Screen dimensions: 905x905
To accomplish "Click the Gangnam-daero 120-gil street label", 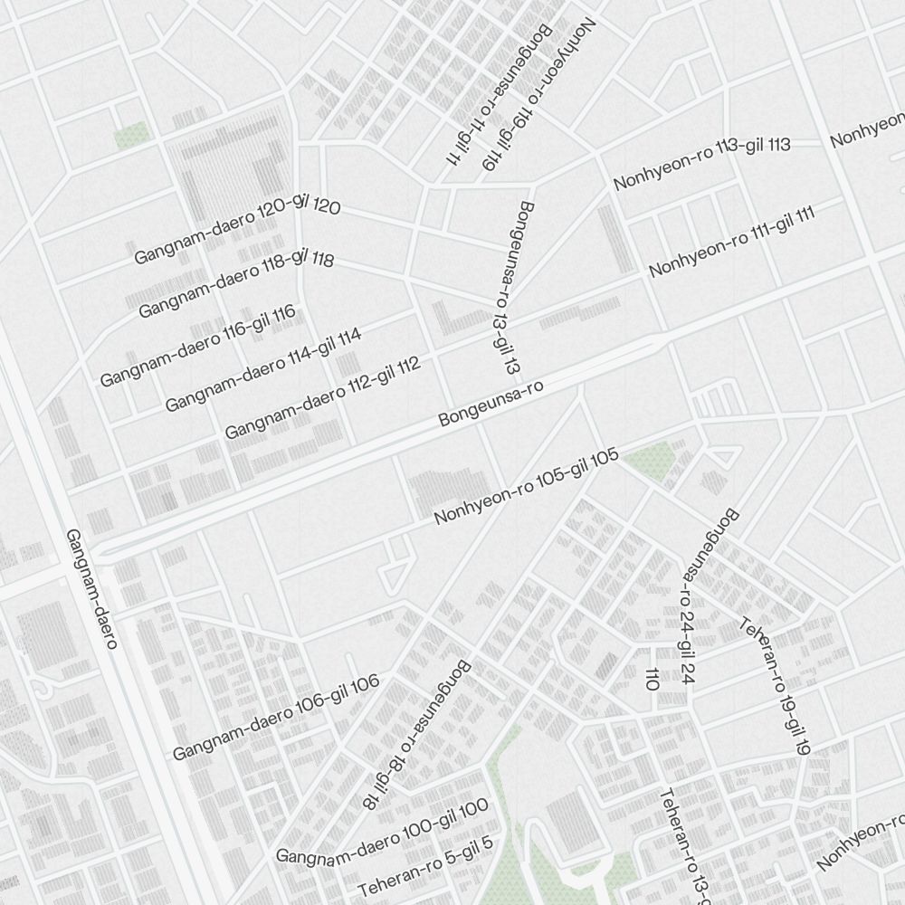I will [237, 232].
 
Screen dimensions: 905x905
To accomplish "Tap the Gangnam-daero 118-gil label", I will [236, 285].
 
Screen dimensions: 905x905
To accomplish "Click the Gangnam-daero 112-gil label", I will [322, 398].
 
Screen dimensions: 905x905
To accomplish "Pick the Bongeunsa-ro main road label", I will [490, 404].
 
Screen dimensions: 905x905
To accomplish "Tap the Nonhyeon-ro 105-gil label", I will [526, 486].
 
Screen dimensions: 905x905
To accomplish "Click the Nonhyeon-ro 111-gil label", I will [732, 241].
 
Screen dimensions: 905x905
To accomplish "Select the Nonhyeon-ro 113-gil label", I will [702, 164].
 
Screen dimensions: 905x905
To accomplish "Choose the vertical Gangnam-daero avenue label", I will [92, 589].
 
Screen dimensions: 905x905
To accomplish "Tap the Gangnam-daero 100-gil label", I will [382, 831].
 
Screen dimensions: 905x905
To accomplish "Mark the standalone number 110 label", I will [651, 679].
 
